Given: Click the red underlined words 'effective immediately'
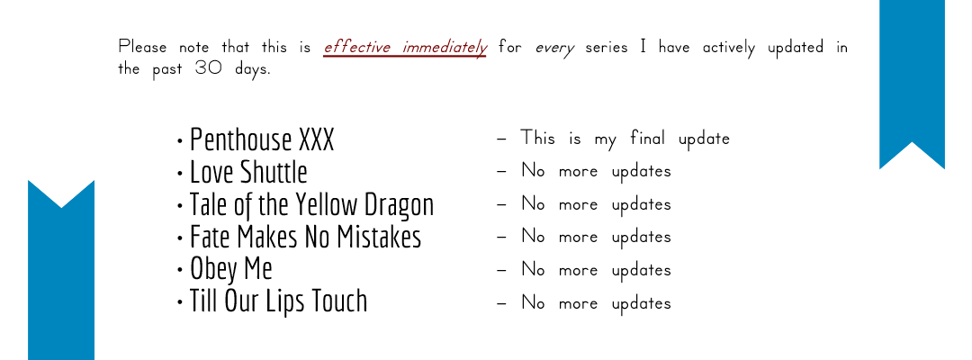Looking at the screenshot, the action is click(405, 47).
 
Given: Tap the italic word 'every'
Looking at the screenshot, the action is click(554, 49).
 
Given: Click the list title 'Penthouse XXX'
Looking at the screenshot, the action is click(262, 139).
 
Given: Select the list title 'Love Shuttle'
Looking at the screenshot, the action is click(248, 172).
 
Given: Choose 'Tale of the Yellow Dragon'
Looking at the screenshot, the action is click(311, 205).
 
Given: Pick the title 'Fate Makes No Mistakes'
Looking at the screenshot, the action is click(306, 237).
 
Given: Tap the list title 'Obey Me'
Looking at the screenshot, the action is click(231, 269).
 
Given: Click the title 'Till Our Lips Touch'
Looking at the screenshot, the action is click(278, 301).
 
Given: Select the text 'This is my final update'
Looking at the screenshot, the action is click(625, 139).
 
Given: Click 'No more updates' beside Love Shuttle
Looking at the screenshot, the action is click(597, 171).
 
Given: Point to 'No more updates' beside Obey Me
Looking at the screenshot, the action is click(597, 269).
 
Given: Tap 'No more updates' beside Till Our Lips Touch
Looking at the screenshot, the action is click(597, 303).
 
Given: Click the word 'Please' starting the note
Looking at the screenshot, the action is click(142, 47).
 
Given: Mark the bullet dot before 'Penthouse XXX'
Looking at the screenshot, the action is click(180, 142).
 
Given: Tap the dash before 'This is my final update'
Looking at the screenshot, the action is click(502, 139).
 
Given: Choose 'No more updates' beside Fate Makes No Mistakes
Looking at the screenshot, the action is click(597, 237).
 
